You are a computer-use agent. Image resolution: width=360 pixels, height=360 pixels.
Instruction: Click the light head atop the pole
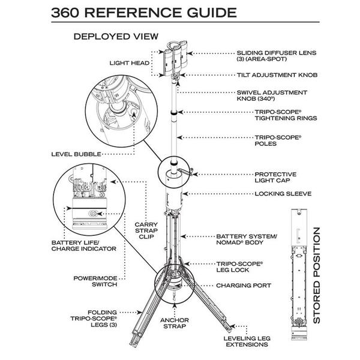click(175, 58)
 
